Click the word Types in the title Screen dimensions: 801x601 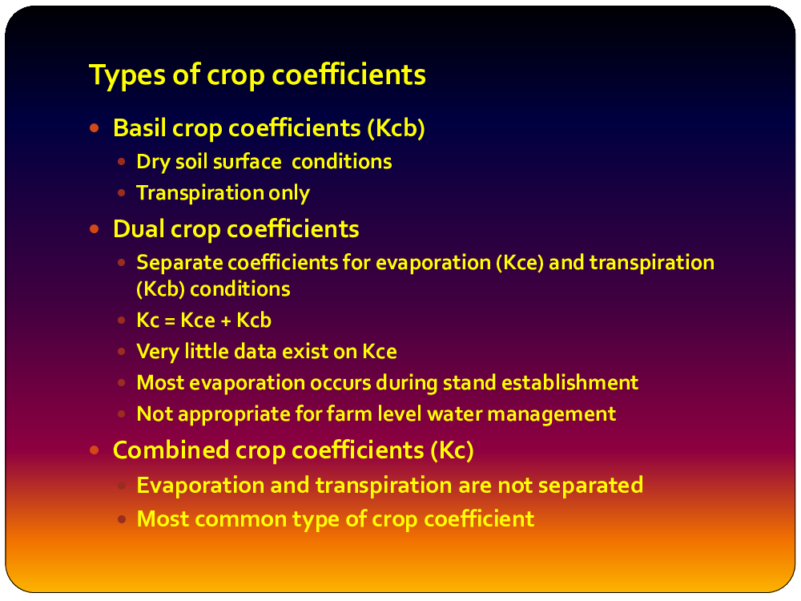127,75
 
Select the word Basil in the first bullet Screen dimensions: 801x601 139,127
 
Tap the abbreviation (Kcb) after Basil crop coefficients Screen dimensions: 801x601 396,128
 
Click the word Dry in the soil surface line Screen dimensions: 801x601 153,163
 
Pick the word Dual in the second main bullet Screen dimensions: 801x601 138,229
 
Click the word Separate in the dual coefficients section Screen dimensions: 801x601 179,263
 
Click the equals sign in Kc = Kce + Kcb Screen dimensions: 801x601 170,321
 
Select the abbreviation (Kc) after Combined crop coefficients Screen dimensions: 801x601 452,450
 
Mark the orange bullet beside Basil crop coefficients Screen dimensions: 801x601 94,127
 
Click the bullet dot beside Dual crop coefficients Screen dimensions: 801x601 94,229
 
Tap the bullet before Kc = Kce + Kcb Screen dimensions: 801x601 121,321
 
